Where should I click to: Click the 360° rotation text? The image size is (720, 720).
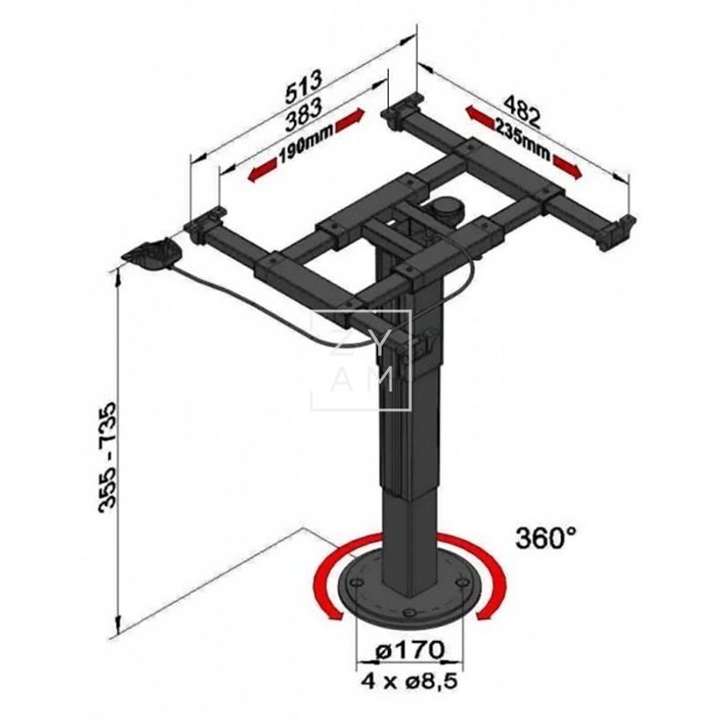click(x=545, y=538)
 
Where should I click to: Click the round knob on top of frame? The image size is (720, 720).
click(x=446, y=208)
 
